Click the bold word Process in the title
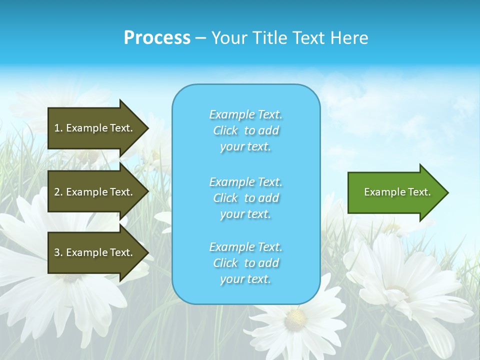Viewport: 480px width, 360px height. (x=157, y=38)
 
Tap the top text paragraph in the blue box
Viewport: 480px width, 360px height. (x=245, y=130)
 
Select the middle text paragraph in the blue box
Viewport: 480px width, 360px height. (x=245, y=198)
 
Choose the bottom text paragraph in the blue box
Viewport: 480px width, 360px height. (x=245, y=263)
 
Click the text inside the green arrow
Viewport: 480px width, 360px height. (x=397, y=192)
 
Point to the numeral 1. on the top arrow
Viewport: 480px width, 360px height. (x=58, y=128)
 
